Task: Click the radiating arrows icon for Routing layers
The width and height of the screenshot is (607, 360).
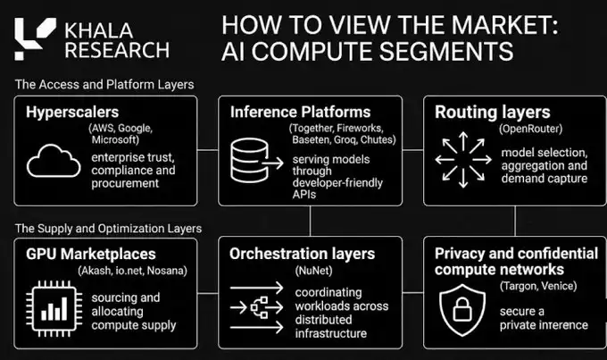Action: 463,160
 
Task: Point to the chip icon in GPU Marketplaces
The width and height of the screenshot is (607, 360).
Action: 54,309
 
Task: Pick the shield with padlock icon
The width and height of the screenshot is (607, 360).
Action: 462,310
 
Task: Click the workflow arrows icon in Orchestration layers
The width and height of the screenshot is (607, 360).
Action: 257,307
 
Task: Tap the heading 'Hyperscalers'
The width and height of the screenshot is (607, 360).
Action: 72,112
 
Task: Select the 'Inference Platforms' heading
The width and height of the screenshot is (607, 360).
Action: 301,112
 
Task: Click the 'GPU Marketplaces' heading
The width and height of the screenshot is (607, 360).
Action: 91,255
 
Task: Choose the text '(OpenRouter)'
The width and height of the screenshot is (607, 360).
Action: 531,129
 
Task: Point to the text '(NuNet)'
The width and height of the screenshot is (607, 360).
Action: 314,271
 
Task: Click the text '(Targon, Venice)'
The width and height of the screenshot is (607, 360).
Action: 538,286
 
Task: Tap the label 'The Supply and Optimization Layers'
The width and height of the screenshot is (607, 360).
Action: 108,229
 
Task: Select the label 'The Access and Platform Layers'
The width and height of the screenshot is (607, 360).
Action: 104,85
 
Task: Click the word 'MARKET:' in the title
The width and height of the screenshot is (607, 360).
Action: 505,25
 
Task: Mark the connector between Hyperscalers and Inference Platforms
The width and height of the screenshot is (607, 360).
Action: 208,150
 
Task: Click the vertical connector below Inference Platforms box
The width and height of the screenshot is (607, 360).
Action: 310,221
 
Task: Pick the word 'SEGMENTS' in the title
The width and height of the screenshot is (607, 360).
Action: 446,51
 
